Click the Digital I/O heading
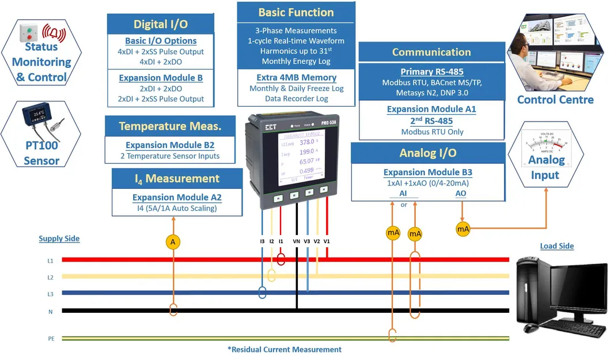(x=160, y=24)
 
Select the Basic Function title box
(x=295, y=13)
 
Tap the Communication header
(x=431, y=52)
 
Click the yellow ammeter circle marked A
(x=173, y=242)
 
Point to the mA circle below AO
(x=463, y=229)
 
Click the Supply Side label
(x=59, y=238)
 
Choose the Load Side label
(x=556, y=246)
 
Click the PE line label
(x=51, y=339)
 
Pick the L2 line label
(x=51, y=277)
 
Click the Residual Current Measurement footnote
(x=285, y=350)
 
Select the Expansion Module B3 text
(x=427, y=172)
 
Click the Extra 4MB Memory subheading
(x=296, y=77)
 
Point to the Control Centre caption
(x=555, y=100)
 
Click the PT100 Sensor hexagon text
(x=41, y=153)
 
